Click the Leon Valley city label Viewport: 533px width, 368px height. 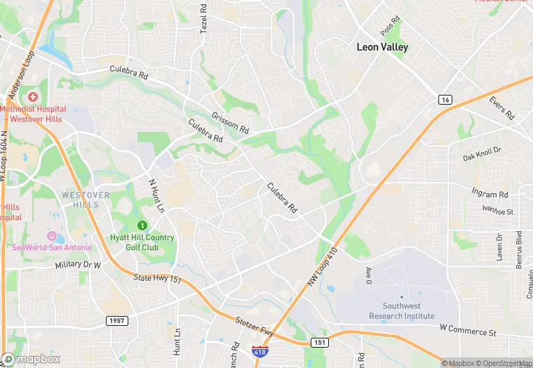[382, 48]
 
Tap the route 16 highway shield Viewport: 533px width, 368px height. [445, 100]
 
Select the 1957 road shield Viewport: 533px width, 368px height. [117, 320]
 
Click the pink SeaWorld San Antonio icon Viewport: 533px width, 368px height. [51, 235]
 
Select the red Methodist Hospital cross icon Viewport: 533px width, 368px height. [33, 96]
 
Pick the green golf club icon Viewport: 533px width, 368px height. [143, 225]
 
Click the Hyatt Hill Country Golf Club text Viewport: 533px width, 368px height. [143, 242]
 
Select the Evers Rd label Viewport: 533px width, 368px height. [503, 107]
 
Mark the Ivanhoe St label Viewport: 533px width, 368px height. [498, 211]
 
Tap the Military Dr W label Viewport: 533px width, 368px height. [78, 265]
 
